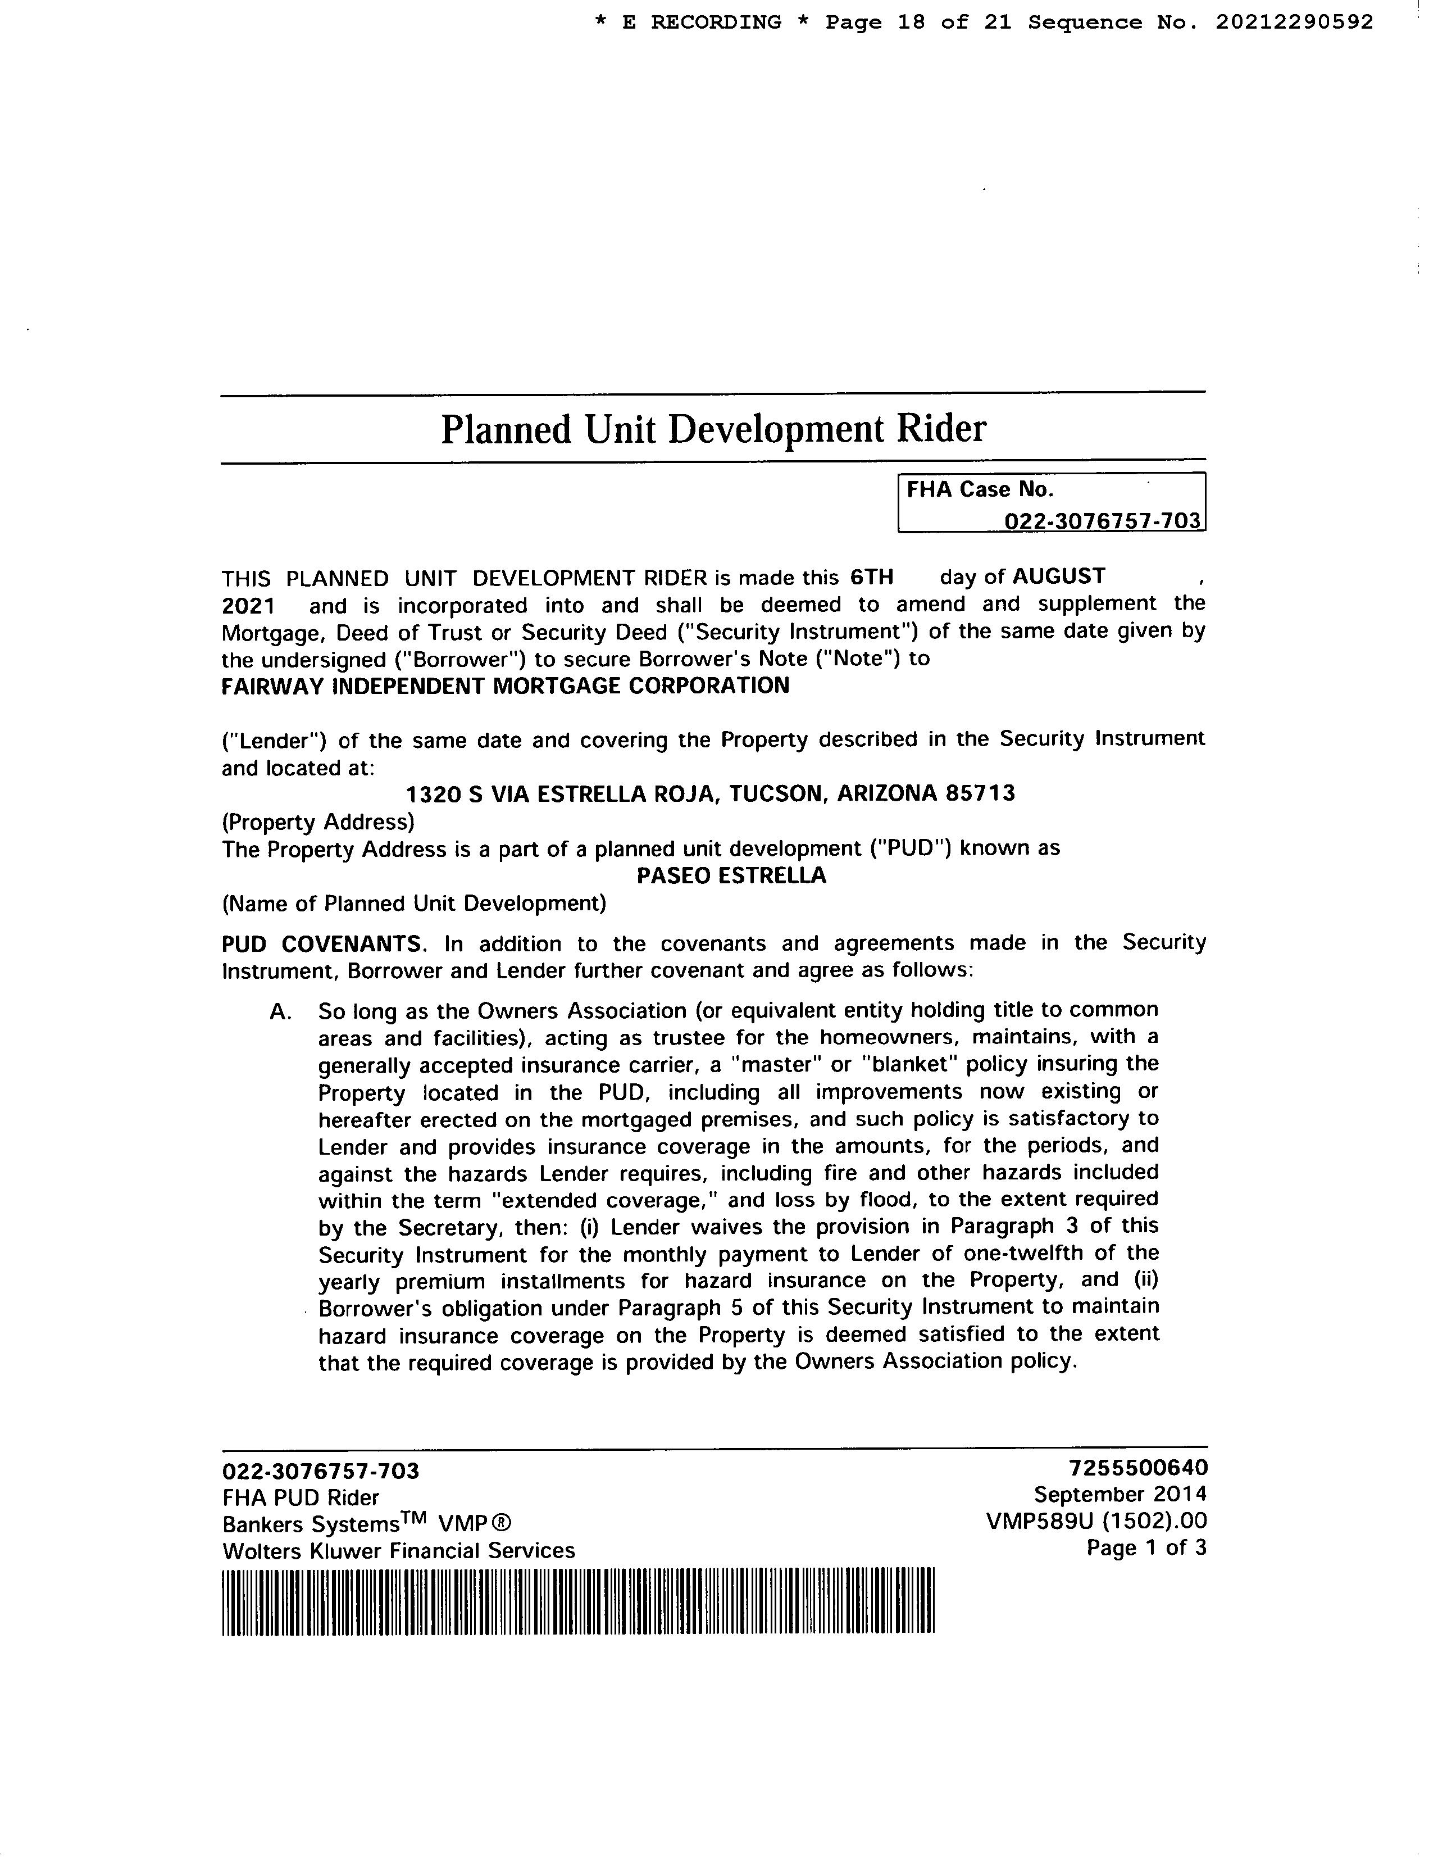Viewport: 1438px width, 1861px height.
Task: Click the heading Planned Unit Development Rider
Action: point(713,429)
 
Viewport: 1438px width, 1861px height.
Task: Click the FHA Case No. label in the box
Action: point(980,489)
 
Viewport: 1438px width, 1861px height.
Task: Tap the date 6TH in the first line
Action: point(871,577)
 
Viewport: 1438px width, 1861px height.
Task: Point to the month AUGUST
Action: point(1058,576)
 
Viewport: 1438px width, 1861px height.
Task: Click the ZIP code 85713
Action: point(980,793)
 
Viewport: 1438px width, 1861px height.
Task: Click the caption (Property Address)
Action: point(318,821)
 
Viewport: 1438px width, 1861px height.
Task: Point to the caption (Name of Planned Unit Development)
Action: point(414,902)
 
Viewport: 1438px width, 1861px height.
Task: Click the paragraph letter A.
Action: point(281,1011)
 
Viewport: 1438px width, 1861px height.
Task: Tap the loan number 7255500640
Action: point(1137,1467)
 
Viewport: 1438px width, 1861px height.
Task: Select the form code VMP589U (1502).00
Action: point(1096,1521)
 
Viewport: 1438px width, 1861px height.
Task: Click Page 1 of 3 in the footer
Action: point(1146,1547)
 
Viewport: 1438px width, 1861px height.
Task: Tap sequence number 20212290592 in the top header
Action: point(1294,22)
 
